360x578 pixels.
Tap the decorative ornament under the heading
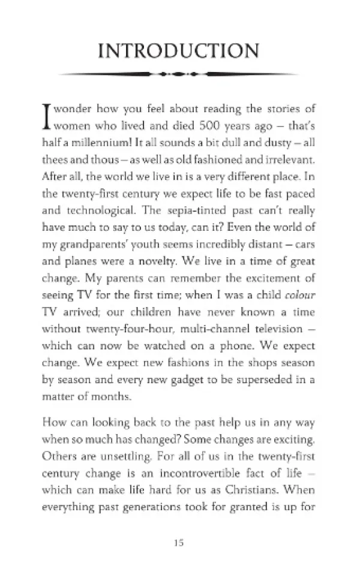pos(179,75)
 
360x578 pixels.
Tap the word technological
pos(103,210)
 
